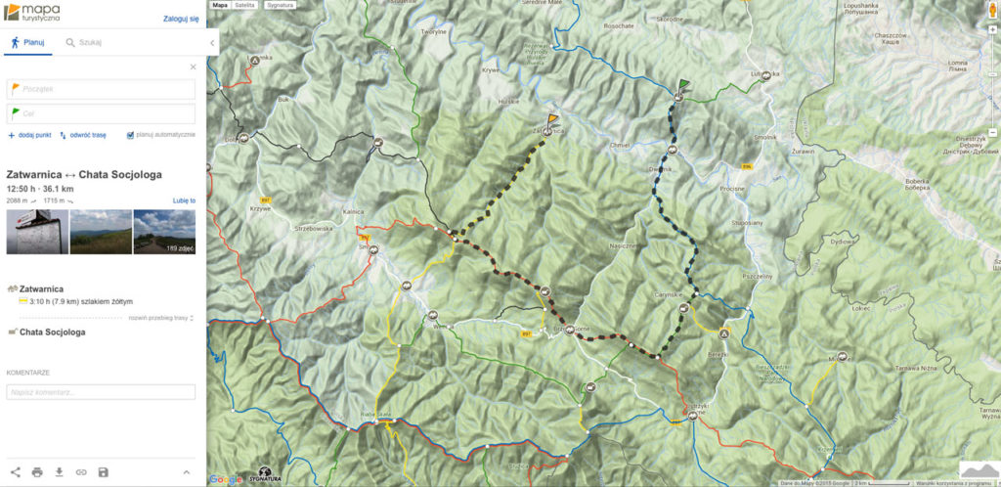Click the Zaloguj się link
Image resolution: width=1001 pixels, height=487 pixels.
tap(181, 18)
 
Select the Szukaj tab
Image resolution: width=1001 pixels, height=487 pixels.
tap(83, 43)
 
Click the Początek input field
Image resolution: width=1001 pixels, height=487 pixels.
tap(102, 89)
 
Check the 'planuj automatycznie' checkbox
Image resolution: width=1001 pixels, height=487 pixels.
tap(130, 135)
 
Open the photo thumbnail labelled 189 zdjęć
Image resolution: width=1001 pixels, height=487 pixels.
tap(164, 232)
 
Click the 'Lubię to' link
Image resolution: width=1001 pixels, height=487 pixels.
tap(184, 200)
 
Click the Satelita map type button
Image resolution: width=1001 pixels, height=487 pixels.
tap(244, 5)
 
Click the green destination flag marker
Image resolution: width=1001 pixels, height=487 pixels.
tap(681, 86)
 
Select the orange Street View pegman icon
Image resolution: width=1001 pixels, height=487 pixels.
tap(992, 13)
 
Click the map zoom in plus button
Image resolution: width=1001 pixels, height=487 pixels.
tap(991, 28)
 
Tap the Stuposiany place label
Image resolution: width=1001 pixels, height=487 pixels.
tap(747, 223)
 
